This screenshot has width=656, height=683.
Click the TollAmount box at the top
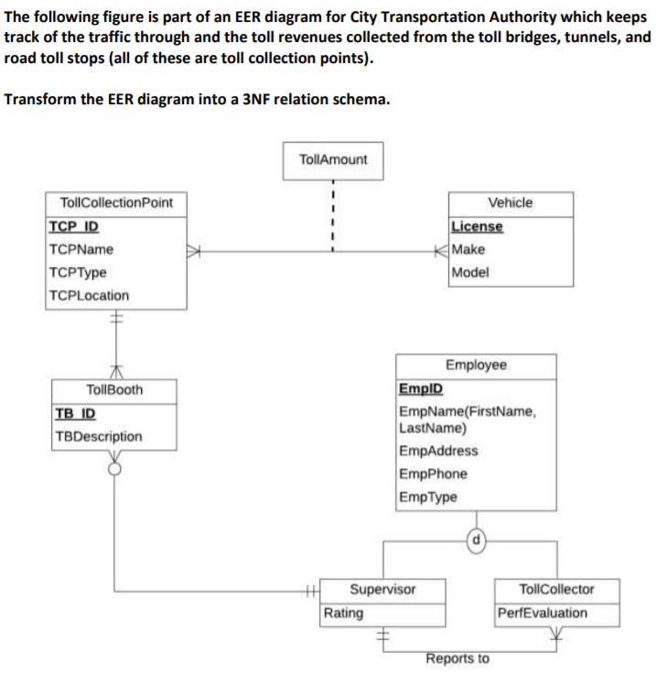333,160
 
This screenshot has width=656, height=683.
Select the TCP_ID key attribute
74,226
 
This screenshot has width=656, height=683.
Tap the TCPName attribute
81,249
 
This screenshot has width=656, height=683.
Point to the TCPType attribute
79,272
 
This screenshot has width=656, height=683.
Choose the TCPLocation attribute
90,295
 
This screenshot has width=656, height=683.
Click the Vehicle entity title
510,203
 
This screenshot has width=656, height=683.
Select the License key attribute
477,226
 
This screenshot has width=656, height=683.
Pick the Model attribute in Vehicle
471,272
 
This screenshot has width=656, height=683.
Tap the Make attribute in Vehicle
469,249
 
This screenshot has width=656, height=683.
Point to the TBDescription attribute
99,436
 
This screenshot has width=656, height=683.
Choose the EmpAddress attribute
439,451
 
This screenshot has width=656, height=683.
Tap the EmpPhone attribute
434,474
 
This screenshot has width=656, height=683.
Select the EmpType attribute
429,497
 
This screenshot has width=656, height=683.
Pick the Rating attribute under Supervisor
344,613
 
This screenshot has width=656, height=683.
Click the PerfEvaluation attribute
543,613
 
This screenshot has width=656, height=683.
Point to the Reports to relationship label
457,658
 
